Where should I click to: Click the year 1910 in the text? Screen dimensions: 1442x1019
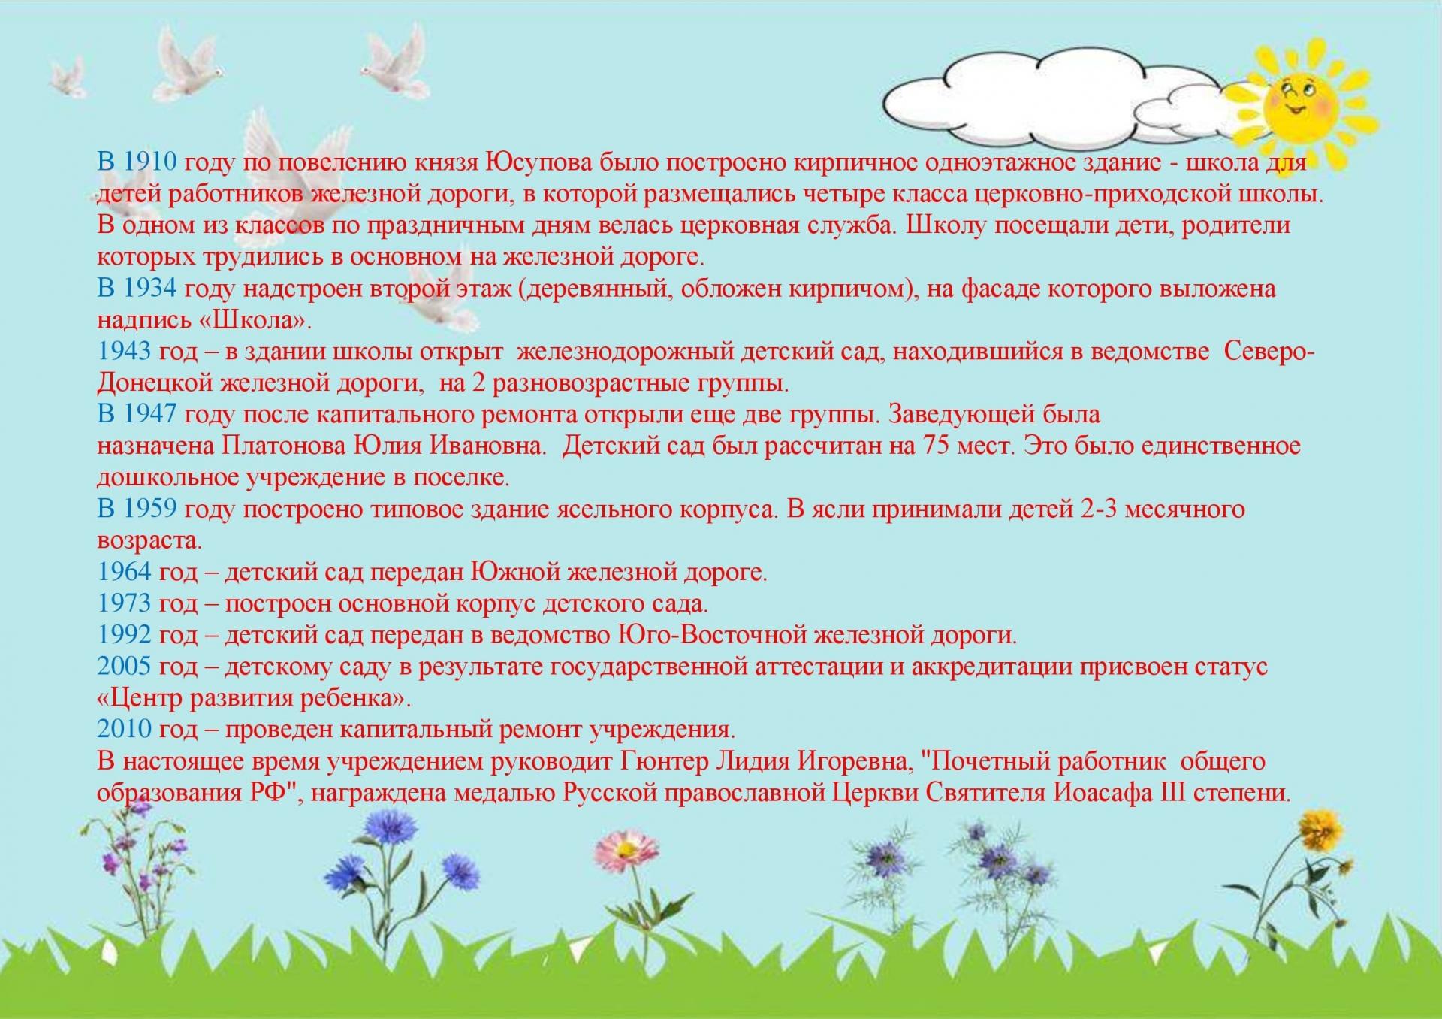coord(149,162)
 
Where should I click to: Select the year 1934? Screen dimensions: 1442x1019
coord(149,289)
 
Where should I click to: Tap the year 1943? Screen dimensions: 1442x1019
coord(124,352)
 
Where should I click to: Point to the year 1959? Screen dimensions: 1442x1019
coord(149,509)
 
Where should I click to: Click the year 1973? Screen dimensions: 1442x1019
coord(124,603)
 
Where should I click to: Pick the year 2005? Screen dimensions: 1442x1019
coord(124,667)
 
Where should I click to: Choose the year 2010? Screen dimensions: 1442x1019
coord(124,730)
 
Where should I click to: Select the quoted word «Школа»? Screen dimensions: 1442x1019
coord(256,320)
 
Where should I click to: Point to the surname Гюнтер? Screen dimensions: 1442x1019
coord(665,762)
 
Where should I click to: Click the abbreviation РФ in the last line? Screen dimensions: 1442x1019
coord(269,794)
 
